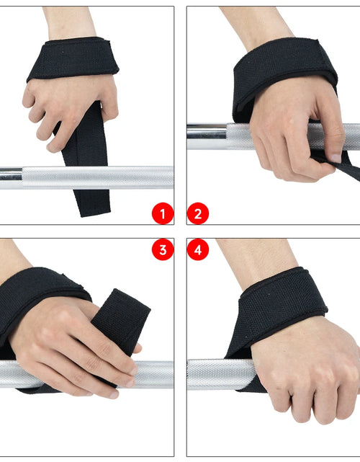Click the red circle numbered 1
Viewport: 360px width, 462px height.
(163, 213)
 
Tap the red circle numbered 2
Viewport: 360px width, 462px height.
(198, 213)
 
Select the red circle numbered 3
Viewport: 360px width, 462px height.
(163, 250)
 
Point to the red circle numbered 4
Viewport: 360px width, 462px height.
(198, 250)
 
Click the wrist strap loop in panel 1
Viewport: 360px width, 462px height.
(72, 58)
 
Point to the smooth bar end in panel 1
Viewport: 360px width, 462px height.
(10, 174)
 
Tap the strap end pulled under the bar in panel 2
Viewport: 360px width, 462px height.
(350, 169)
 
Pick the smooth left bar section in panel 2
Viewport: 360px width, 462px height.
(205, 136)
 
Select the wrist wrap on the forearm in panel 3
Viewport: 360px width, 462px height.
(36, 296)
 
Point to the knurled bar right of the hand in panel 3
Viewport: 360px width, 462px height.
(155, 373)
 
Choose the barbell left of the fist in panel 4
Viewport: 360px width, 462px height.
(216, 373)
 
